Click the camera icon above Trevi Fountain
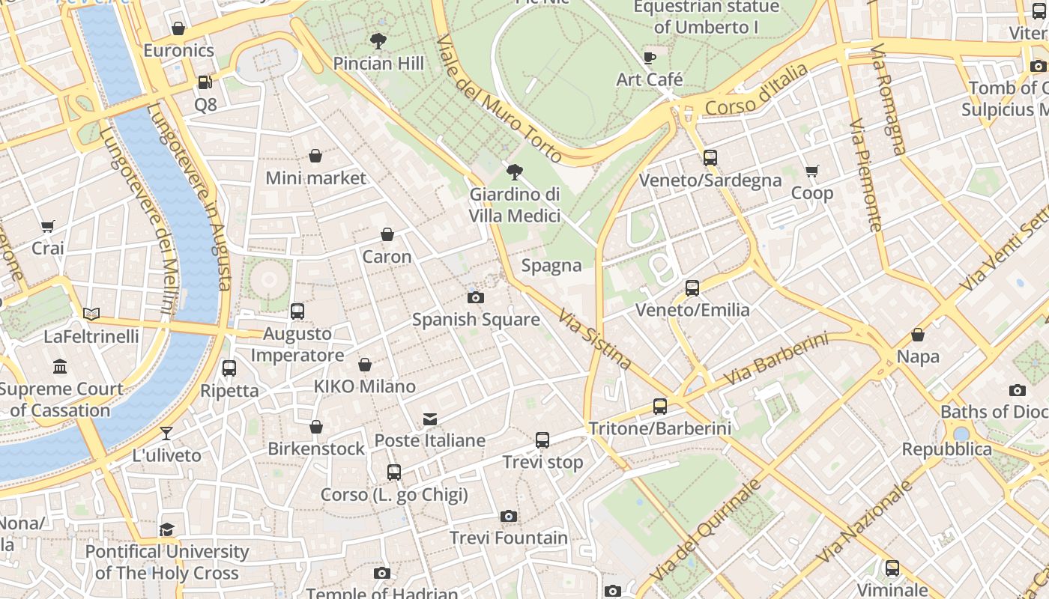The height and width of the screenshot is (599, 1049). click(508, 517)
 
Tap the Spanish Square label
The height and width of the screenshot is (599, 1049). click(476, 320)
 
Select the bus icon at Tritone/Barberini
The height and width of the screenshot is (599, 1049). click(659, 407)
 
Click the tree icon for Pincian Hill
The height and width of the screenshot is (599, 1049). click(378, 41)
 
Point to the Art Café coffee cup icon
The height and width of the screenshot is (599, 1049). click(650, 58)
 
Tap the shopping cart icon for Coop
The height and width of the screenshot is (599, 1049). click(811, 171)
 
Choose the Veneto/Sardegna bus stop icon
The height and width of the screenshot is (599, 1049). click(710, 158)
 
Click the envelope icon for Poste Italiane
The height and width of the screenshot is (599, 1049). click(430, 419)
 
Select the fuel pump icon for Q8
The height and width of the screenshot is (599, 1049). click(205, 82)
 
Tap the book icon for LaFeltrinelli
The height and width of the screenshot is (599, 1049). click(91, 314)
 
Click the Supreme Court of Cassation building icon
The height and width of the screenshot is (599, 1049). click(60, 367)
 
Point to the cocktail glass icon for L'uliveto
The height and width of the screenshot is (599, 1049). click(166, 434)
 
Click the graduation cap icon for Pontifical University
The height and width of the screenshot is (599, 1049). click(166, 530)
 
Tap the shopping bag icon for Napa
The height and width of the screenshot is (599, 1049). click(918, 335)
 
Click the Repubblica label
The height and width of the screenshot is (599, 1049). click(946, 449)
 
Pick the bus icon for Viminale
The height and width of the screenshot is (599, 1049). click(892, 568)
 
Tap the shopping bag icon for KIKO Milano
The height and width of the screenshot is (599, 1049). click(364, 365)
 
